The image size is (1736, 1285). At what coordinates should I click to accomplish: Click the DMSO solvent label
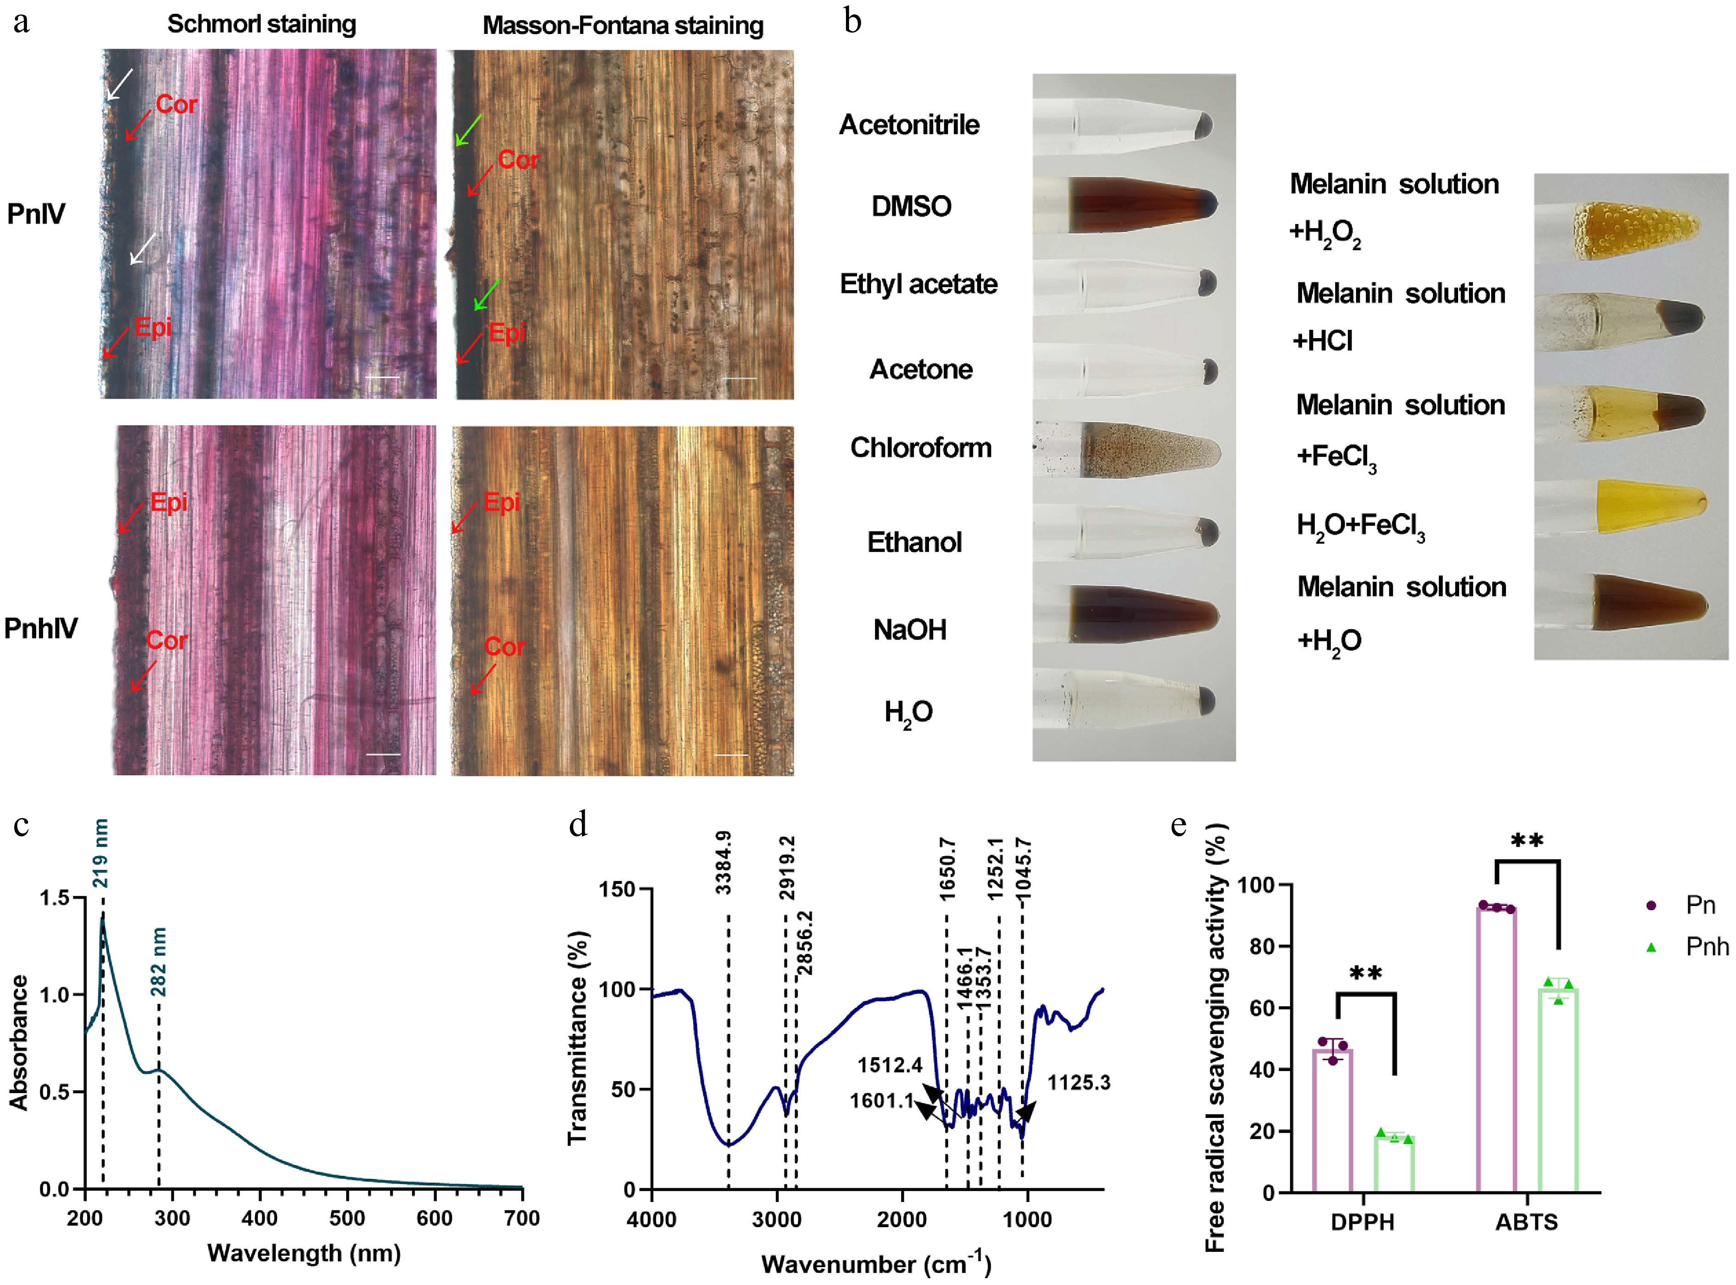tap(911, 206)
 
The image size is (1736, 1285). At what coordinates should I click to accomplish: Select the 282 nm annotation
tap(158, 961)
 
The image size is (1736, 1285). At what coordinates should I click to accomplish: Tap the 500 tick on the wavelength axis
tap(347, 1218)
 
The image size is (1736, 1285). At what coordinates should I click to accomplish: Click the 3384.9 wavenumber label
tap(723, 862)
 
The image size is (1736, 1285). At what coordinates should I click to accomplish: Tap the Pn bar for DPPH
tap(1332, 1120)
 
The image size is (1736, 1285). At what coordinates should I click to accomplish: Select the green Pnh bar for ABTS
tap(1558, 1089)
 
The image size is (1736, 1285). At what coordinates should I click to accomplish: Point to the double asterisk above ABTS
tap(1527, 842)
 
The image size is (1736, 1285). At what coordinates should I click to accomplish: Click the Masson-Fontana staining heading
tap(623, 26)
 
